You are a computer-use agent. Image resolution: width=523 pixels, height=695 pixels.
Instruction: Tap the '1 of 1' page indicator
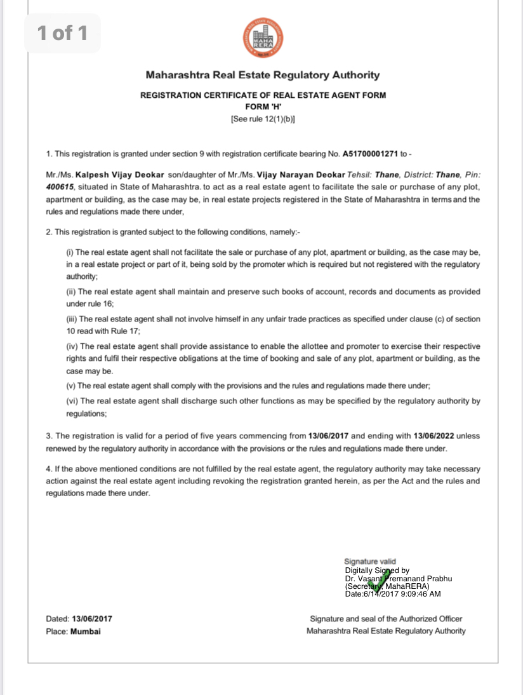[x=62, y=32]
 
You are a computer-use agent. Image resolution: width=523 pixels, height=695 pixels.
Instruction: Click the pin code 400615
[x=60, y=187]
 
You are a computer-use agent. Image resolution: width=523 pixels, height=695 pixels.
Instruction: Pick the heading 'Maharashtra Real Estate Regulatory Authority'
[x=263, y=75]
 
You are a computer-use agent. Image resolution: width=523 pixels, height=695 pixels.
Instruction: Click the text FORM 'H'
[x=263, y=107]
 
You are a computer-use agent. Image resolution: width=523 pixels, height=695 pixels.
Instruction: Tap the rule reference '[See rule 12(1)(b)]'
[x=263, y=119]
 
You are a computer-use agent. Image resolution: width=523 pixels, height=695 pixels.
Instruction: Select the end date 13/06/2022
[x=435, y=436]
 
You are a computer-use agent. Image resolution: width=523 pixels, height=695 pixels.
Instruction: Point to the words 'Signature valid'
[x=370, y=562]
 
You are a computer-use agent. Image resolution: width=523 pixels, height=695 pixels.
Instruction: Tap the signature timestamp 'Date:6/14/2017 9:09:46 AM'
[x=392, y=594]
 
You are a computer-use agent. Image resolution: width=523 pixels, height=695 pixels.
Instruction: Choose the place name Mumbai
[x=86, y=631]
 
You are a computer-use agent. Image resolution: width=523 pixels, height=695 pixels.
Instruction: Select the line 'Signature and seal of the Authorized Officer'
[x=386, y=618]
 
